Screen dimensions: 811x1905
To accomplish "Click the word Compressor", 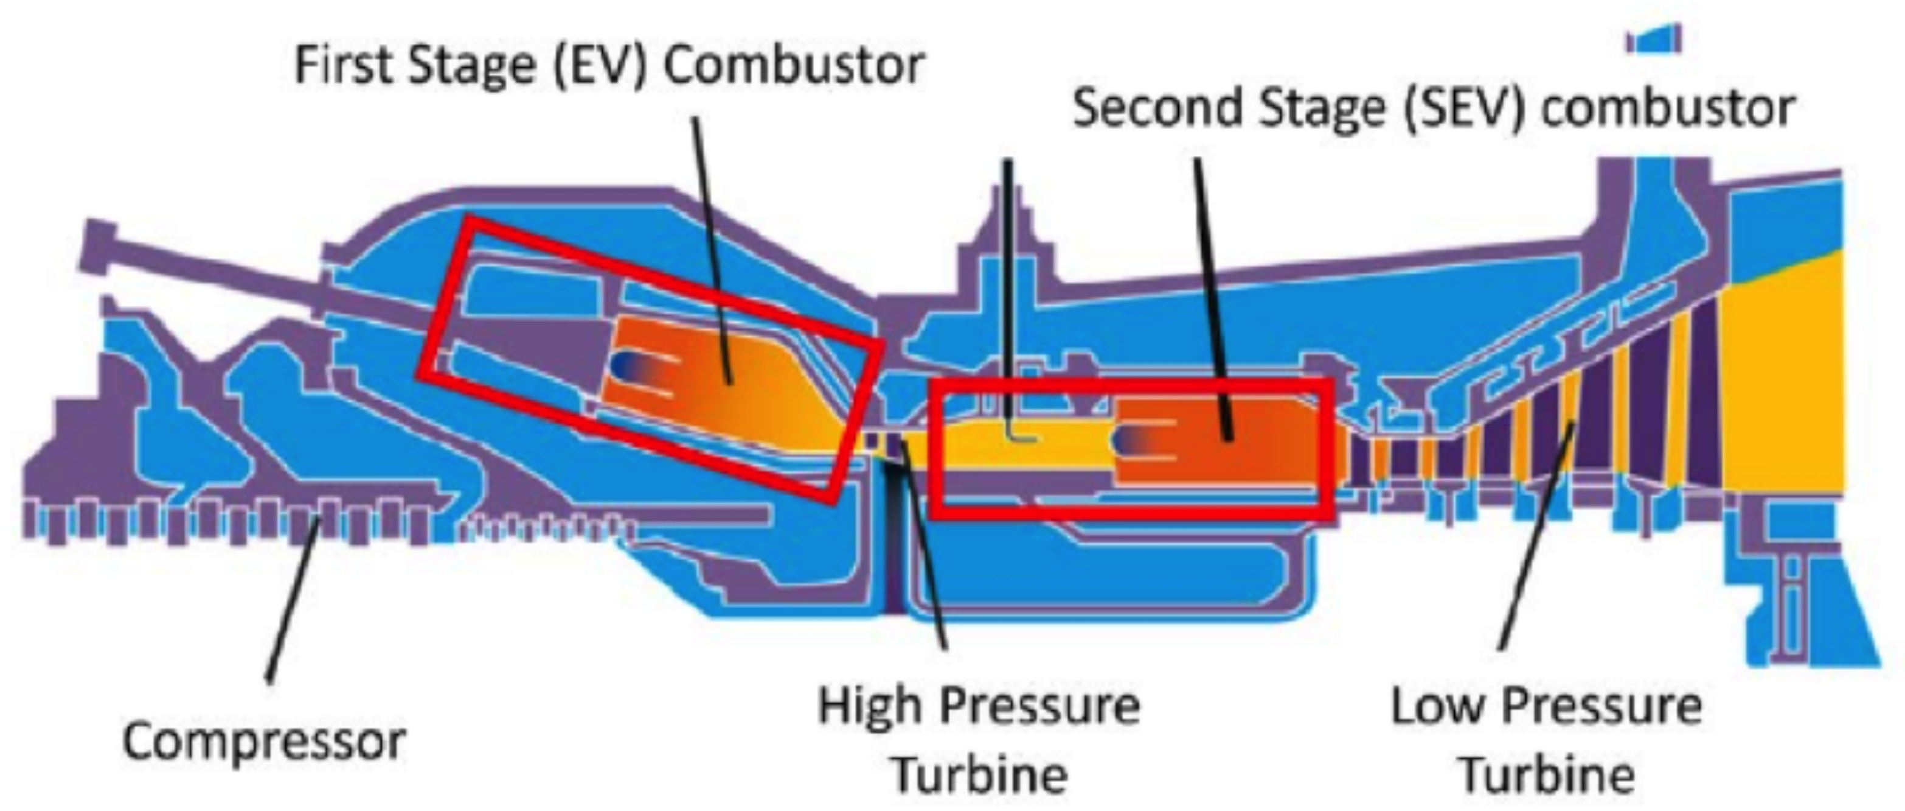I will coord(264,742).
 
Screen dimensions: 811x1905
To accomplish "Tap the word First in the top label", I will coord(343,65).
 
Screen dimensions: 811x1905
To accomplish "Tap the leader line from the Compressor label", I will coord(294,599).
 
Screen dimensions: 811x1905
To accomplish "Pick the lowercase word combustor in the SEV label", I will coord(1669,108).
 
